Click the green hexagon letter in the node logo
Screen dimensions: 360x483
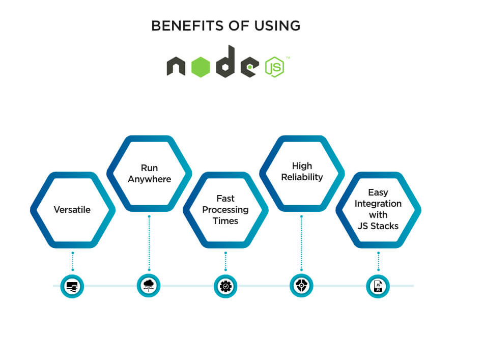click(201, 67)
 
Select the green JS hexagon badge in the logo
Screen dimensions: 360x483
click(274, 67)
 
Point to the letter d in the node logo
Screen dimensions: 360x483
click(226, 63)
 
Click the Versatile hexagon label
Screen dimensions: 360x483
click(72, 210)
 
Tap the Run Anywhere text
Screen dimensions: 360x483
click(149, 174)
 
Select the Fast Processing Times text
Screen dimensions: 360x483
click(225, 210)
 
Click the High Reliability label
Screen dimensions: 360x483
click(302, 172)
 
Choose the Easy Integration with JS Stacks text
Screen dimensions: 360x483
click(378, 209)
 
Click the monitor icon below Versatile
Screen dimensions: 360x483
click(72, 286)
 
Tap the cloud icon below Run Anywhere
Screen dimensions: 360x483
click(149, 285)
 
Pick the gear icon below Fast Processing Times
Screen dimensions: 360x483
click(225, 286)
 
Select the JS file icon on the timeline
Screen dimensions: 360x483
click(378, 286)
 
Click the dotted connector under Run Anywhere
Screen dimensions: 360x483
click(149, 242)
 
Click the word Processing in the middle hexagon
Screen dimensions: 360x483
click(225, 210)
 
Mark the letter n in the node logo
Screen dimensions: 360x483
click(176, 67)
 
